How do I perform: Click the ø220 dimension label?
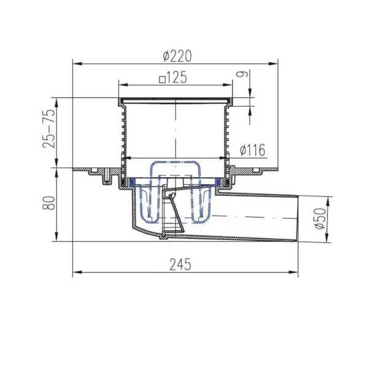click(177, 56)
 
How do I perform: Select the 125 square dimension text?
click(173, 77)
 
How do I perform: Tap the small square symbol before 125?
click(162, 80)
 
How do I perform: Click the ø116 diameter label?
click(253, 150)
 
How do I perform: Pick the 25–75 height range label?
click(49, 128)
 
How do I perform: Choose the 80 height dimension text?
click(49, 203)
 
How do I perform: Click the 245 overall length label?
click(180, 264)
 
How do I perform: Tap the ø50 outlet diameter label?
click(320, 218)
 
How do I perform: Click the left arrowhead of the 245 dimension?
click(77, 272)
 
